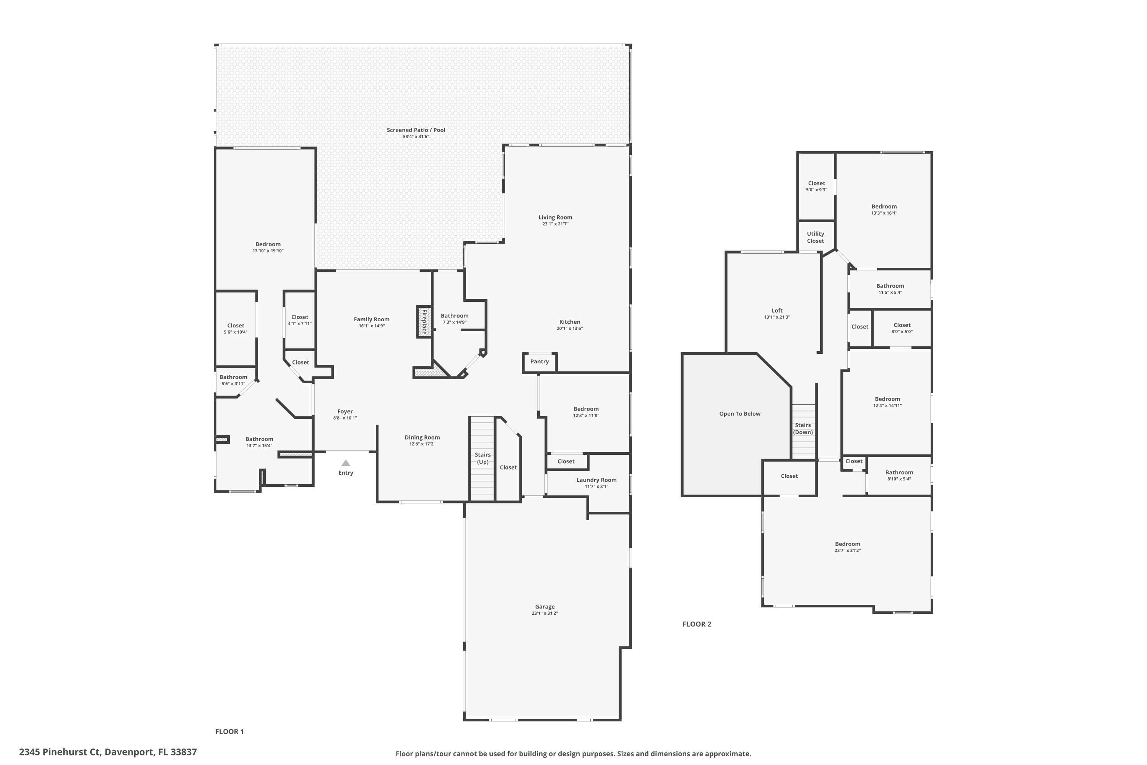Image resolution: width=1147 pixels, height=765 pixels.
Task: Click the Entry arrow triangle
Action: [345, 463]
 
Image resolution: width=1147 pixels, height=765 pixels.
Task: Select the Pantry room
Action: [539, 362]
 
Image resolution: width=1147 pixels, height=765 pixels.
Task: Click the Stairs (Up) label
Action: [482, 458]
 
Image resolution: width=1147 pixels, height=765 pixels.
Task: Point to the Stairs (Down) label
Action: [803, 429]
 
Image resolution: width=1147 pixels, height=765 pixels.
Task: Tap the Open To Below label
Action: [739, 414]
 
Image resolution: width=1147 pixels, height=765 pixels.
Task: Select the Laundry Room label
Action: [596, 480]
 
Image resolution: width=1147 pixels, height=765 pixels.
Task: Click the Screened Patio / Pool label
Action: [416, 130]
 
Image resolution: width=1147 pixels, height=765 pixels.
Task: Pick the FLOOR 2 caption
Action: [696, 624]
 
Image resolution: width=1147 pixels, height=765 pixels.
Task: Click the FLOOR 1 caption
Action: [229, 731]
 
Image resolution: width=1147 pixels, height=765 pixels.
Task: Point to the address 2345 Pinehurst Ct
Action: [108, 752]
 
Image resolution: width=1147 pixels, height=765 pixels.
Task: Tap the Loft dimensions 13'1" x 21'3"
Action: [777, 317]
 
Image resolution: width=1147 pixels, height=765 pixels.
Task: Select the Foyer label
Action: [345, 411]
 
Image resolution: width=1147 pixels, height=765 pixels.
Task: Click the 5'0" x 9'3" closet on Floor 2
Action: [816, 186]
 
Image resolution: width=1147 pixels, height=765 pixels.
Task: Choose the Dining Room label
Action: [422, 438]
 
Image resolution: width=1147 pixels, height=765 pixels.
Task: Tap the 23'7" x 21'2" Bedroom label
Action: [847, 544]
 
